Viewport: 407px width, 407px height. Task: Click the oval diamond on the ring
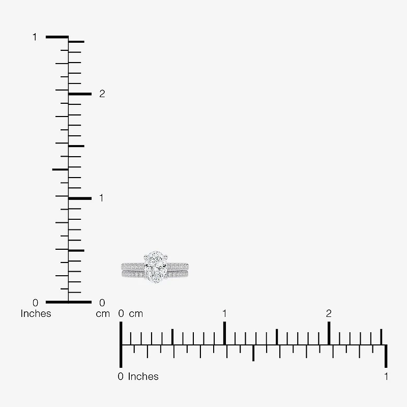(x=156, y=267)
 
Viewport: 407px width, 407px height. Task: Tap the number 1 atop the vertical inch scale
(x=35, y=37)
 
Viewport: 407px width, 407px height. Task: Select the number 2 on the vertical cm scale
(x=102, y=94)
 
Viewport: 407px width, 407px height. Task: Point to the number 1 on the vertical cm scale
(x=101, y=198)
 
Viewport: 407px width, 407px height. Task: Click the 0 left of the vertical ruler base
(x=35, y=303)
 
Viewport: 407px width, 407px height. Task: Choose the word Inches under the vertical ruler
(x=36, y=313)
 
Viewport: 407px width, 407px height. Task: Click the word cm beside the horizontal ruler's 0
(x=136, y=314)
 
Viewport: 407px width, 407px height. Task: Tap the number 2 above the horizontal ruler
(x=329, y=313)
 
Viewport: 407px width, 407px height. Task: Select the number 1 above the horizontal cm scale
(x=224, y=313)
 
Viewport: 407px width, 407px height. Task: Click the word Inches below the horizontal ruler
(x=143, y=376)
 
